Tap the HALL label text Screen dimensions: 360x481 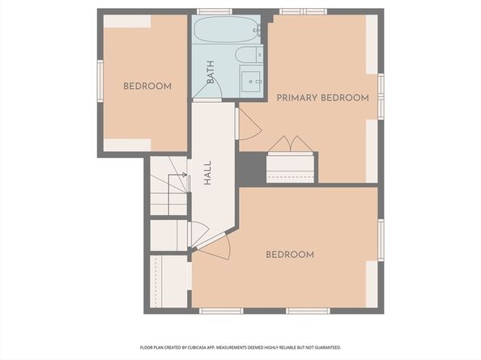(208, 173)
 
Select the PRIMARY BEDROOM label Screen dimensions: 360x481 (322, 98)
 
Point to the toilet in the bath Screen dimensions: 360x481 (249, 55)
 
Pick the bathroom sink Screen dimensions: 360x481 (252, 81)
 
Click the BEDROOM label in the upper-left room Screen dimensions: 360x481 (147, 87)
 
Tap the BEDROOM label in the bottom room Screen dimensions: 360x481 (289, 255)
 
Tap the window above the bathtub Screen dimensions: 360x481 (215, 11)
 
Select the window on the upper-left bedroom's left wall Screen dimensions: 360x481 (100, 81)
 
